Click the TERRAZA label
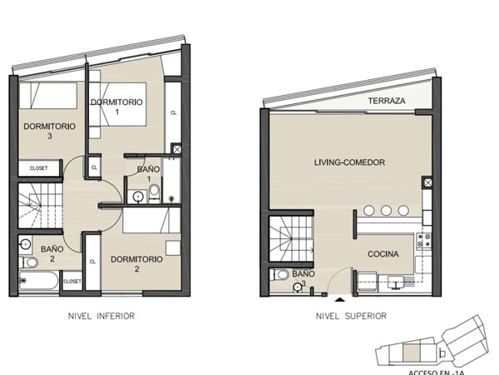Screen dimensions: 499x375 coord(387,101)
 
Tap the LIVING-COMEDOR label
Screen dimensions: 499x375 coord(349,162)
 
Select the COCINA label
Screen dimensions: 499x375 coord(383,254)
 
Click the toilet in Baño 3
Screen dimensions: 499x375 coord(280,274)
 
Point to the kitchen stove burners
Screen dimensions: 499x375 coord(423,241)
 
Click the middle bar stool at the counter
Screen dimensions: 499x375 coord(386,211)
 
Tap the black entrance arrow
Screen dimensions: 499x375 coord(340,299)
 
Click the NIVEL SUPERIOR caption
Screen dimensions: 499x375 coord(351,316)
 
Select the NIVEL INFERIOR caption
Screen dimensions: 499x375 coord(101,316)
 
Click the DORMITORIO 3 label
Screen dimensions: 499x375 coord(49,131)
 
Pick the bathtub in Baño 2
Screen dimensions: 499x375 coord(38,280)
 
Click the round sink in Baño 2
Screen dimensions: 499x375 coord(25,244)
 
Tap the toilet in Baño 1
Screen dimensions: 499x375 coord(155,193)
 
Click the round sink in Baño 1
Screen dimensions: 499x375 coord(138,197)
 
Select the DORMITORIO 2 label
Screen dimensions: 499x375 coord(136,263)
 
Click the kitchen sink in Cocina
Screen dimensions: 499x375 coord(396,282)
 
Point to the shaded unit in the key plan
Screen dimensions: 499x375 coord(412,352)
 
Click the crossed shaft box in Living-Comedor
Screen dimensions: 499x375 coord(427,182)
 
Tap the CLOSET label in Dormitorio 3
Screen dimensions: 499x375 coord(38,168)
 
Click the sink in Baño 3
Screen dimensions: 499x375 coord(297,287)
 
